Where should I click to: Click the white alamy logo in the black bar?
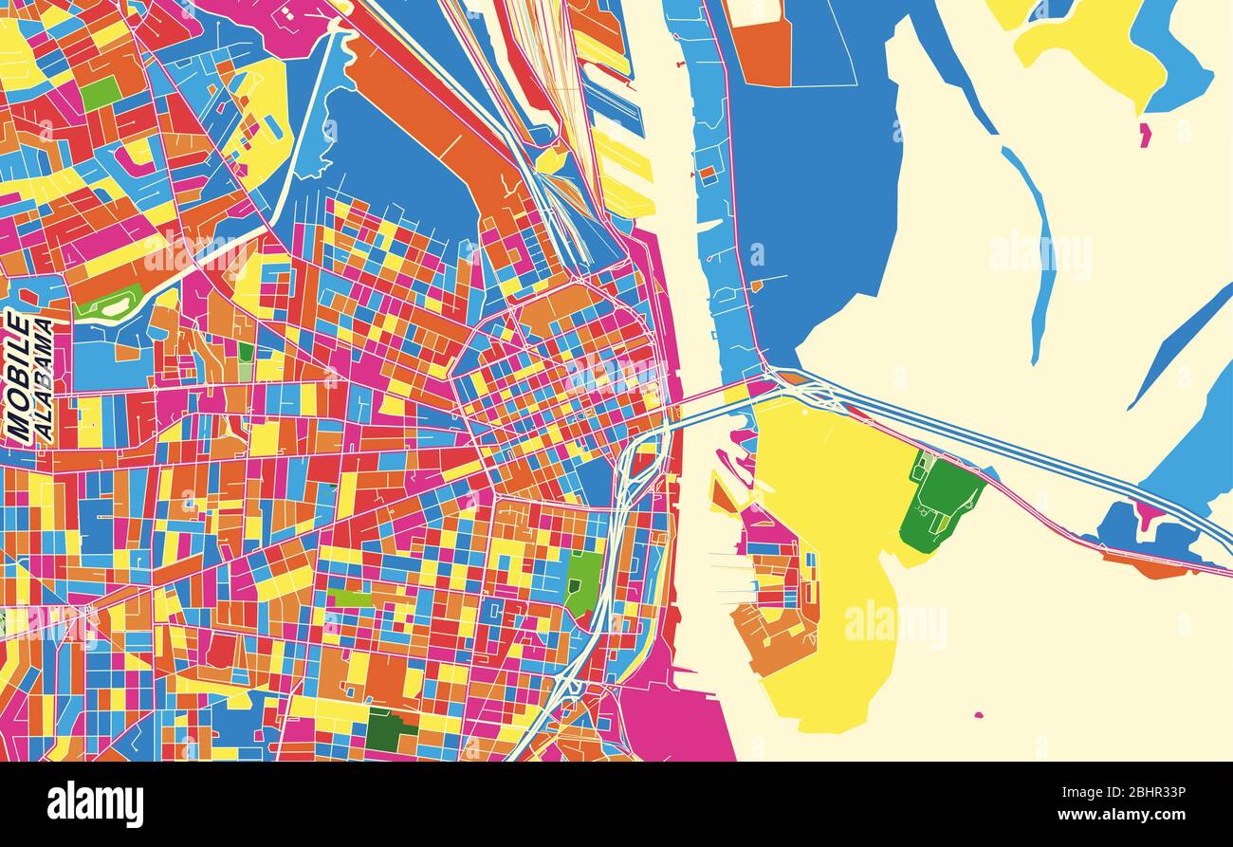point(95,803)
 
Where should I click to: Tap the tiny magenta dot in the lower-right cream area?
point(978,714)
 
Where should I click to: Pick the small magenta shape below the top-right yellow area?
point(1144,135)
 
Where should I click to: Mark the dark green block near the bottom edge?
point(387,729)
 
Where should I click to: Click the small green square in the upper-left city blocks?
point(100,92)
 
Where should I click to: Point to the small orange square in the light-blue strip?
point(708,175)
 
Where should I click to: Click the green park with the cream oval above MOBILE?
point(109,304)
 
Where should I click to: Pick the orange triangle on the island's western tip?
point(721,494)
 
